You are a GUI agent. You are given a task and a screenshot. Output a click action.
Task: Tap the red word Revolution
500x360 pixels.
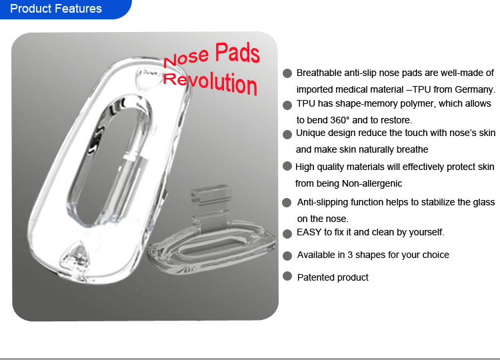210,83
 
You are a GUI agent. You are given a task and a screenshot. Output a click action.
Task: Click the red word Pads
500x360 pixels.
237,52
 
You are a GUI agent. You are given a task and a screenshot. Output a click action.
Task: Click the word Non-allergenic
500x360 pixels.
372,184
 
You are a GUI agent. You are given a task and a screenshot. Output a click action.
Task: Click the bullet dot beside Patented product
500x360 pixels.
287,276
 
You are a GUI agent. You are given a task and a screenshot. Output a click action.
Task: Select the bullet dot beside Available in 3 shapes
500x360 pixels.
287,256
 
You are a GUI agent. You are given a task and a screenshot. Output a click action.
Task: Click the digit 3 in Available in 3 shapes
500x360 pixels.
350,255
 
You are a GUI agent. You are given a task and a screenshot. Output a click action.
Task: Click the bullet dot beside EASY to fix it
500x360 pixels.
287,234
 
